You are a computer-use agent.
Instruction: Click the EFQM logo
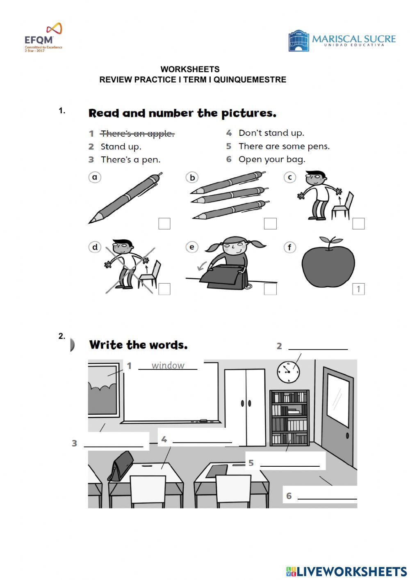tap(43, 37)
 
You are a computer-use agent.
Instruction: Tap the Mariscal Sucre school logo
tap(342, 41)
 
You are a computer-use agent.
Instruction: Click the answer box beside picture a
tap(164, 223)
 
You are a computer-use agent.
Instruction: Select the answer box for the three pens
tap(270, 223)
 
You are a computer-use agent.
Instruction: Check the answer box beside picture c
tap(358, 223)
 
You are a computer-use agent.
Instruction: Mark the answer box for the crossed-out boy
tap(164, 289)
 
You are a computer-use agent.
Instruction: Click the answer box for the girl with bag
tap(270, 289)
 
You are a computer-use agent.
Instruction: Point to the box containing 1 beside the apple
tap(358, 289)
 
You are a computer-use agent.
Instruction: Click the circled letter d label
tap(95, 247)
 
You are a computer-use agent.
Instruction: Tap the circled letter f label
tap(289, 248)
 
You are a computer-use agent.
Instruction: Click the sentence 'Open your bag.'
tap(272, 159)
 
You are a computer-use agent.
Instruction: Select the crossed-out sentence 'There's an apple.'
tap(137, 133)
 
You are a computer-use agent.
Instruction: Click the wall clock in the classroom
tap(288, 372)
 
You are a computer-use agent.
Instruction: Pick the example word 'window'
tap(168, 365)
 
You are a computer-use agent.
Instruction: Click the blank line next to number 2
tap(318, 347)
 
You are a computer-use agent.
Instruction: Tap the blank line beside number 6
tap(327, 497)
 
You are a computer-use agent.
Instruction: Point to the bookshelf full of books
tap(289, 418)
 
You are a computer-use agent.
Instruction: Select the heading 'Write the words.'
tap(138, 345)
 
